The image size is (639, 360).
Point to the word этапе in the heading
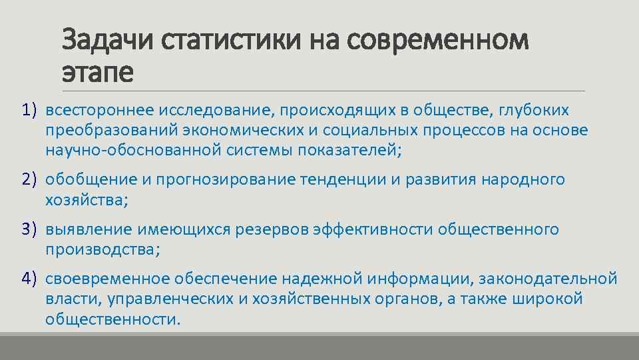pyautogui.click(x=97, y=71)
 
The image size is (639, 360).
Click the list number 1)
pyautogui.click(x=28, y=108)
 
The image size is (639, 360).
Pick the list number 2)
pyautogui.click(x=28, y=179)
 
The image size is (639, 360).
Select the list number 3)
pyautogui.click(x=28, y=229)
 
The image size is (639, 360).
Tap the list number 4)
pyautogui.click(x=28, y=278)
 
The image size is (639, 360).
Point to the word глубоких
pyautogui.click(x=538, y=109)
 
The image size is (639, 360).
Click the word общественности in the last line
pyautogui.click(x=112, y=319)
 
